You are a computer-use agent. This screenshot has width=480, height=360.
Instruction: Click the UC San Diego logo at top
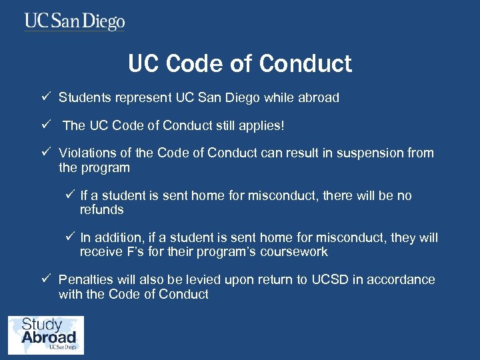(x=75, y=22)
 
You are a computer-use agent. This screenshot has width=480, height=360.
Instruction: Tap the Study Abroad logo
(x=45, y=335)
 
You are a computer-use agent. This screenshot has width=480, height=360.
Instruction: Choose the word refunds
(x=102, y=210)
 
